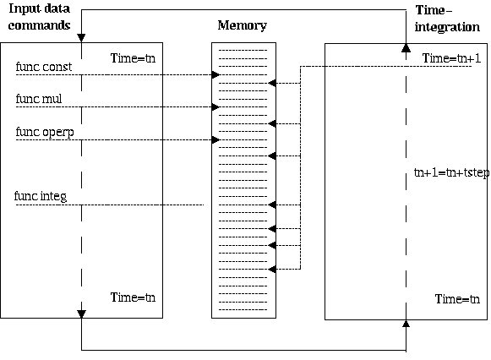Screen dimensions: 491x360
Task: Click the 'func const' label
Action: click(44, 67)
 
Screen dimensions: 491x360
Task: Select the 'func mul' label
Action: click(39, 99)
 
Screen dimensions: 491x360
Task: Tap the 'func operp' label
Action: click(45, 132)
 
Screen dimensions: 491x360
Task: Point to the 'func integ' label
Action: click(41, 197)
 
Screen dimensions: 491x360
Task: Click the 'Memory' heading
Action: click(242, 25)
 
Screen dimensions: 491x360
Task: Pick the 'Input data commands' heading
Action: click(39, 17)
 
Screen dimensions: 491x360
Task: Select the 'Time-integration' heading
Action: click(447, 19)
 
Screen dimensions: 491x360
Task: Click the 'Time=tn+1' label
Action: click(451, 58)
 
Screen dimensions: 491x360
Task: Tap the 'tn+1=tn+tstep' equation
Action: click(451, 172)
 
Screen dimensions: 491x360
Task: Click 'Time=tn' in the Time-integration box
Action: click(457, 299)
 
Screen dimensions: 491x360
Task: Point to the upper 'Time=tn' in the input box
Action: click(133, 58)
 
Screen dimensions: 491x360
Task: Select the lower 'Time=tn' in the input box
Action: click(133, 297)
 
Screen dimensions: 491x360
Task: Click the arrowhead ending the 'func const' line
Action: click(215, 75)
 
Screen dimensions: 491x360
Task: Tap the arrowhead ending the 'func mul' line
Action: click(215, 107)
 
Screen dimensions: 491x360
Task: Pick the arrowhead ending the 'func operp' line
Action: click(215, 139)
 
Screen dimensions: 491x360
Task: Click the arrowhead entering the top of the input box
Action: click(81, 38)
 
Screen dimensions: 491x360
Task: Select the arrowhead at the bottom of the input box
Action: click(81, 314)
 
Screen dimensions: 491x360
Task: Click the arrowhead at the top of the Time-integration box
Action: click(406, 48)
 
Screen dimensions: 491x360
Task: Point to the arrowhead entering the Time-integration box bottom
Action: click(406, 324)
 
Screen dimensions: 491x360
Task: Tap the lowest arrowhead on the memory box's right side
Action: click(272, 269)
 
